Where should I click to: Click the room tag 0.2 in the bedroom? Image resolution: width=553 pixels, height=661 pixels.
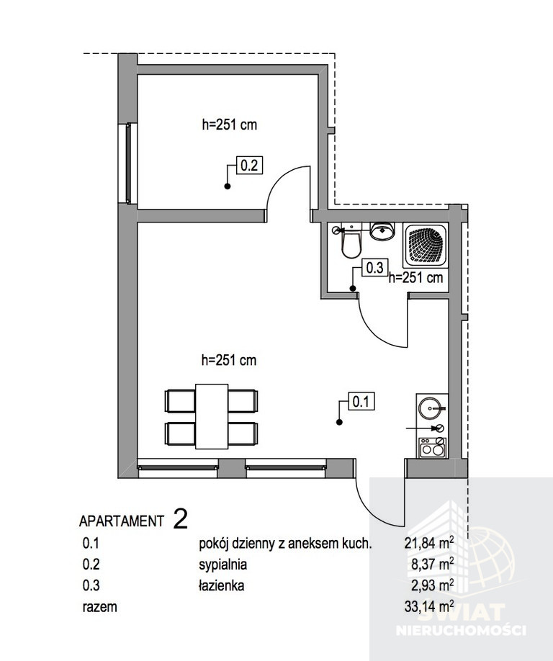pyautogui.click(x=248, y=165)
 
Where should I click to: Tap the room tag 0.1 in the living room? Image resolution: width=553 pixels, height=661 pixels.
pyautogui.click(x=361, y=401)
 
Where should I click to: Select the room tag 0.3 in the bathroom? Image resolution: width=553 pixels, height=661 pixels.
pyautogui.click(x=374, y=268)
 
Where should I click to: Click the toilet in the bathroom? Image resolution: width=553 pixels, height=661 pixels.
pyautogui.click(x=351, y=243)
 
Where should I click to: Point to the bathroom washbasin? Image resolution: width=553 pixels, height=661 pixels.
pyautogui.click(x=382, y=231)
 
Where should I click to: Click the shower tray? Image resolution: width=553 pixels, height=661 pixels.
pyautogui.click(x=425, y=246)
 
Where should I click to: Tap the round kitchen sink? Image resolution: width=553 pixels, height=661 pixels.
pyautogui.click(x=430, y=408)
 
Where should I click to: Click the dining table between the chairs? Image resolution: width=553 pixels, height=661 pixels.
pyautogui.click(x=212, y=416)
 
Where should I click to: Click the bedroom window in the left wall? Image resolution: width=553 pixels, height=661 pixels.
pyautogui.click(x=129, y=163)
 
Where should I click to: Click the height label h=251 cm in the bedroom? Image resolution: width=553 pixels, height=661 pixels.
pyautogui.click(x=229, y=125)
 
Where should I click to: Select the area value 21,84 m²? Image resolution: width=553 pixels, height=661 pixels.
pyautogui.click(x=429, y=543)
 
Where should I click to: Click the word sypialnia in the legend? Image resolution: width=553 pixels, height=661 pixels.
pyautogui.click(x=223, y=565)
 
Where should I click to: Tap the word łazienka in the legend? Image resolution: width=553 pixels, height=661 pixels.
pyautogui.click(x=222, y=585)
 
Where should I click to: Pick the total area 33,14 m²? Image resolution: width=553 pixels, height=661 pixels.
pyautogui.click(x=429, y=606)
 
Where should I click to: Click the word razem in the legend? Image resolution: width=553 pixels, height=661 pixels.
pyautogui.click(x=100, y=608)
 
